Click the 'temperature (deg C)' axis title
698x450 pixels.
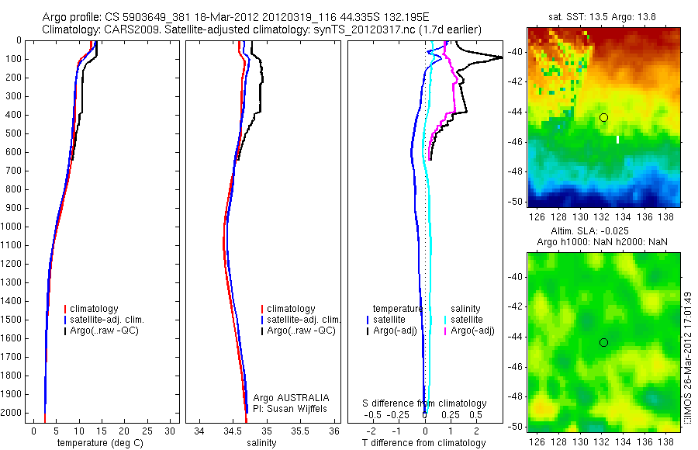pos(97,443)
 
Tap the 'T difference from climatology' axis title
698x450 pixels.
pos(424,443)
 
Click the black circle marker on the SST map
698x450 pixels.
pos(603,117)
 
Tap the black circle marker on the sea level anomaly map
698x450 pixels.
pos(603,342)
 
